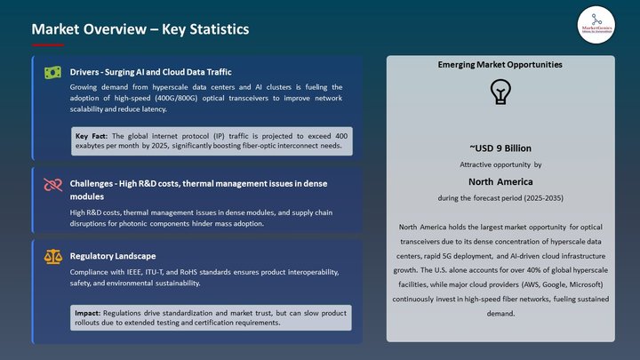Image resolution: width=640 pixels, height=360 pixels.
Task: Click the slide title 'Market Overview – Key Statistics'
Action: [140, 29]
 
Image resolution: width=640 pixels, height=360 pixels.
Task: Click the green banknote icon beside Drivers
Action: [52, 72]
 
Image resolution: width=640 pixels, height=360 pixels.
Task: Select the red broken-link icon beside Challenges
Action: [52, 184]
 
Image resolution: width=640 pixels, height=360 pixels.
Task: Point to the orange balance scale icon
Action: [52, 256]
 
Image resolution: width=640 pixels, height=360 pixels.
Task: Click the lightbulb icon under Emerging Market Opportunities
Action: [500, 92]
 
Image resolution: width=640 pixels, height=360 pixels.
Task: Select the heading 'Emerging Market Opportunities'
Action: [500, 65]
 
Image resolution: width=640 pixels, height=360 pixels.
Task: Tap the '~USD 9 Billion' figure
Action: [500, 148]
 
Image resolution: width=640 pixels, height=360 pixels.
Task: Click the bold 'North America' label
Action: [500, 180]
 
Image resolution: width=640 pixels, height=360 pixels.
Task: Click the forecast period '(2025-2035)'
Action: [539, 196]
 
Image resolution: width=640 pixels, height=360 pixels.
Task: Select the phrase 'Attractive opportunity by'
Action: [500, 165]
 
